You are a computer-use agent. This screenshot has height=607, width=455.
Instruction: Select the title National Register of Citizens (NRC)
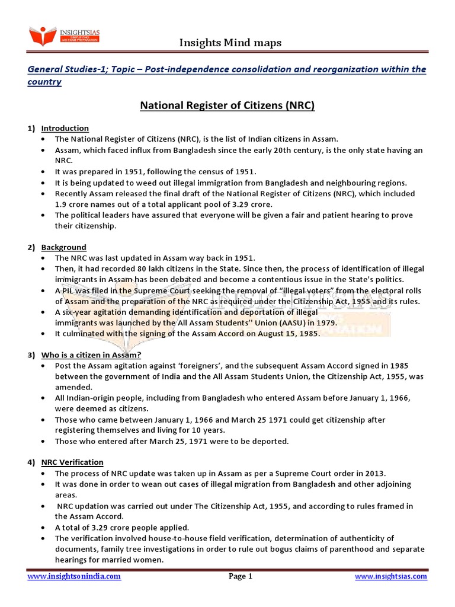click(227, 106)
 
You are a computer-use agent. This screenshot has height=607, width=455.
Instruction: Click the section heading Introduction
click(65, 128)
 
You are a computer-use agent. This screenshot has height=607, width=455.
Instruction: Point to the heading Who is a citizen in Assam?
click(91, 354)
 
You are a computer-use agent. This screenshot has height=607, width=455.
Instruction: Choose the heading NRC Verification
click(72, 462)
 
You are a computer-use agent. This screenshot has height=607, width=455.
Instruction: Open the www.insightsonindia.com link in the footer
click(74, 576)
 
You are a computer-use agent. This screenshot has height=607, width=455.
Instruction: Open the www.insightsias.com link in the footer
click(390, 576)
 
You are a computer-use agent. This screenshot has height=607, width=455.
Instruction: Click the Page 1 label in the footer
click(241, 576)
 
